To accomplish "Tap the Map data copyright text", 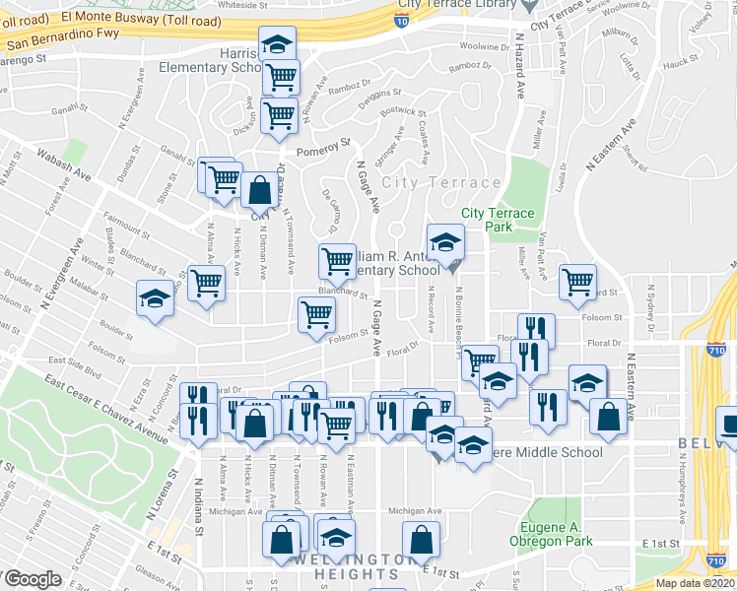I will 696,583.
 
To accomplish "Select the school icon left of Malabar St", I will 155,298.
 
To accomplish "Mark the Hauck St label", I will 680,64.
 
